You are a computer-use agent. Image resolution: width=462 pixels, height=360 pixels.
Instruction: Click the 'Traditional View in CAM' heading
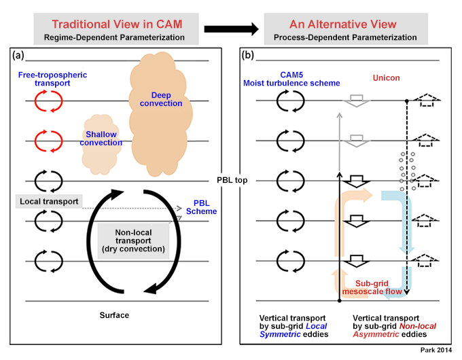117,24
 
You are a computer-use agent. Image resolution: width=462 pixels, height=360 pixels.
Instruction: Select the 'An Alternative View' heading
343,24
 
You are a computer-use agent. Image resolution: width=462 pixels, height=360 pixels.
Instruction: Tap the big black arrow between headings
231,29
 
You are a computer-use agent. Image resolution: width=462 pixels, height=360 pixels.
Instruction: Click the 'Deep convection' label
161,99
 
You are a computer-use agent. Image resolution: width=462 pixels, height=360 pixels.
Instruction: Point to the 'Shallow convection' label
101,139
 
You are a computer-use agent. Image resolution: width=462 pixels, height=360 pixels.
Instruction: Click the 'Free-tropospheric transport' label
52,79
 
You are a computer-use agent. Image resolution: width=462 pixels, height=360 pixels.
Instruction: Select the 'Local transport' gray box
49,202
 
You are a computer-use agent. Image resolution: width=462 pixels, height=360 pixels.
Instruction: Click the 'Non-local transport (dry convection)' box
133,241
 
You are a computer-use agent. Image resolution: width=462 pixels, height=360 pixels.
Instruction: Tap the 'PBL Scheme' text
202,207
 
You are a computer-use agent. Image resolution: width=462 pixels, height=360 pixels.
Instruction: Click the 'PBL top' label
232,180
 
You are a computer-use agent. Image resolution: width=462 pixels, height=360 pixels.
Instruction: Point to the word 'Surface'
114,315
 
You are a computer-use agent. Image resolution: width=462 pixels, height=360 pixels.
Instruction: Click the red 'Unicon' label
387,78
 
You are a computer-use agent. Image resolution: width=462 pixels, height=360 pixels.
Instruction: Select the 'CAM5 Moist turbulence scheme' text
291,79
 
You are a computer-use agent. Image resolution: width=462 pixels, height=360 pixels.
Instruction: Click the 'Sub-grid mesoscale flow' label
372,287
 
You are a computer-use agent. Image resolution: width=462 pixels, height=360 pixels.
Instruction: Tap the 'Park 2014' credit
436,350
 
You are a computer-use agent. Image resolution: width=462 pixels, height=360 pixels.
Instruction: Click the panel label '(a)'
18,55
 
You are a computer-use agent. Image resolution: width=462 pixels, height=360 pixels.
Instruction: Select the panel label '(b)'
248,55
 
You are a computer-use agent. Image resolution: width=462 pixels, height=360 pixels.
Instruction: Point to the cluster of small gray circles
407,171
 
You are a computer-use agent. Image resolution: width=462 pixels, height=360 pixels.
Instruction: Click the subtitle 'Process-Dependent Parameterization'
345,37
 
